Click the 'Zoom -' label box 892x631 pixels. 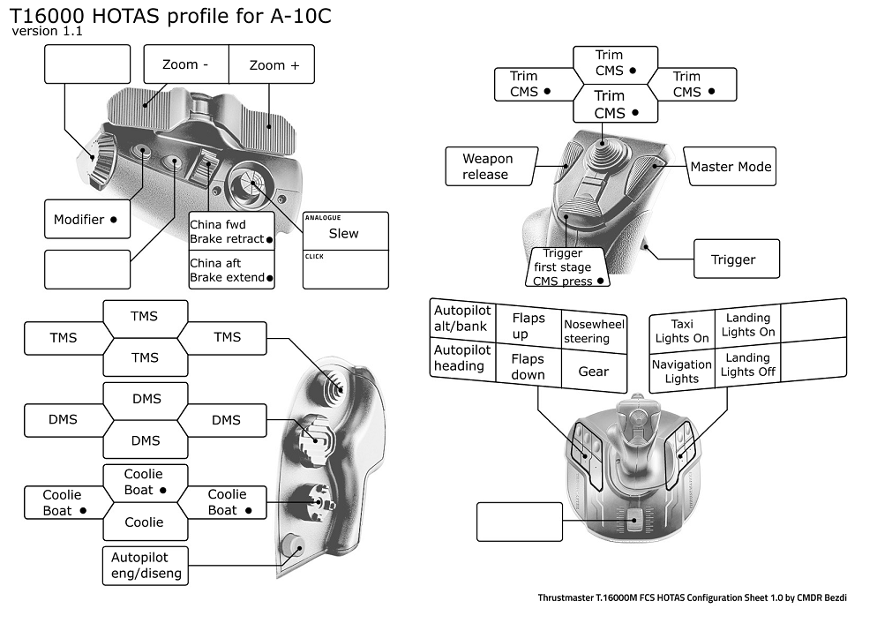[186, 64]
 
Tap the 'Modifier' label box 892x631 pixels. [86, 219]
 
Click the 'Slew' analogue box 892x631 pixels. [344, 233]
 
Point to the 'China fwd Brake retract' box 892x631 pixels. [231, 231]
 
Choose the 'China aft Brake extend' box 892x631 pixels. [231, 270]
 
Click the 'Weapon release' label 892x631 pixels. [488, 167]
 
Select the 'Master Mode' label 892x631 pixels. [731, 167]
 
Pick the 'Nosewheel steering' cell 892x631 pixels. [594, 331]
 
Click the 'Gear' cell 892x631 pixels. [593, 372]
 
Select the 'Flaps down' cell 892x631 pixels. [528, 366]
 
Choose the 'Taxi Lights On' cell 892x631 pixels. [682, 331]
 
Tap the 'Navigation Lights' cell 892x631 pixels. [682, 371]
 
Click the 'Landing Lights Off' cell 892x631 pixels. [748, 364]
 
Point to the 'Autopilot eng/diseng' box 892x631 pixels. [146, 566]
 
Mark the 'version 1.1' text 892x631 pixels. [48, 32]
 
